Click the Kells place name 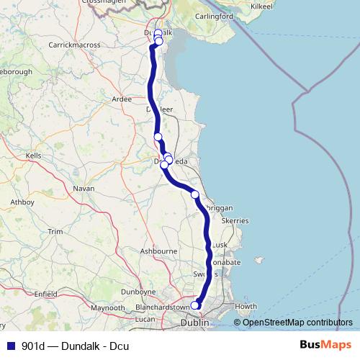33,155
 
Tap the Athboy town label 22,202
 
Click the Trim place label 55,231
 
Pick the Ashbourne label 158,251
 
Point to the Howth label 246,306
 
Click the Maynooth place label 107,307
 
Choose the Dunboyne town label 138,292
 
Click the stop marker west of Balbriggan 194,194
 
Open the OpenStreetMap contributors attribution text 297,323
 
